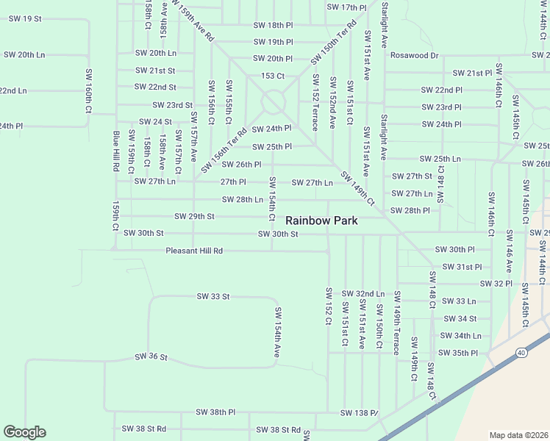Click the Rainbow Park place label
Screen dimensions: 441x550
pyautogui.click(x=321, y=220)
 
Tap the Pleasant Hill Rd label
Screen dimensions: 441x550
pyautogui.click(x=194, y=251)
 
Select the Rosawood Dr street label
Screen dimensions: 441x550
pyautogui.click(x=414, y=55)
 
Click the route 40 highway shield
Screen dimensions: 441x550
pyautogui.click(x=521, y=353)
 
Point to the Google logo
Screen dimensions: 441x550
pyautogui.click(x=24, y=432)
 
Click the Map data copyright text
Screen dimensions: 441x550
pyautogui.click(x=519, y=435)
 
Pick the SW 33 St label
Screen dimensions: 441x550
pyautogui.click(x=213, y=296)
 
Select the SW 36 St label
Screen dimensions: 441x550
pyautogui.click(x=151, y=356)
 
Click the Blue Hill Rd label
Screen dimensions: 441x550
pyautogui.click(x=116, y=151)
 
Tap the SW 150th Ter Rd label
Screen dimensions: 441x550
pyautogui.click(x=332, y=40)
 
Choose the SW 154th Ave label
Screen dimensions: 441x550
pyautogui.click(x=277, y=332)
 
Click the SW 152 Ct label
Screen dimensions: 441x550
pyautogui.click(x=329, y=306)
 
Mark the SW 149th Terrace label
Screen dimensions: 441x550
pyautogui.click(x=396, y=322)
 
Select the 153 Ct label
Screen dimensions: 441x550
pyautogui.click(x=273, y=76)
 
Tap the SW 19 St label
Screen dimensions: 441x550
pyautogui.click(x=22, y=18)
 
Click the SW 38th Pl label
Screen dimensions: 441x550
pyautogui.click(x=215, y=412)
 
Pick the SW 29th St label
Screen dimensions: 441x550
pyautogui.click(x=194, y=216)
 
